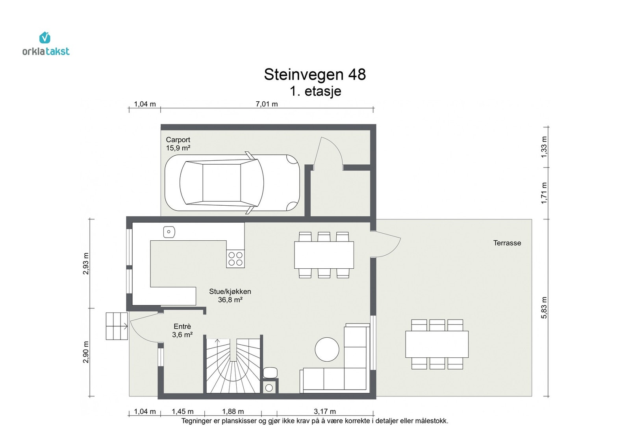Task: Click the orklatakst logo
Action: [46, 44]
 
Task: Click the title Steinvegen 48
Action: [315, 74]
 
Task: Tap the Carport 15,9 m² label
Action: [178, 144]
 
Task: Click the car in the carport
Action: [232, 183]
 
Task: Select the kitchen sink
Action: [169, 232]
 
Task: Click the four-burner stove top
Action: [235, 259]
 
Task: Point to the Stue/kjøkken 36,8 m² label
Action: [230, 295]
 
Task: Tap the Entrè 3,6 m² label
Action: [182, 331]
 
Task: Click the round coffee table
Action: [327, 349]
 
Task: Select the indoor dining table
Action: [324, 255]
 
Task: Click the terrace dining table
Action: [437, 344]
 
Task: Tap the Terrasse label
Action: [507, 243]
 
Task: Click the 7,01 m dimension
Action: [267, 104]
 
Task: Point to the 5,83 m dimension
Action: [544, 308]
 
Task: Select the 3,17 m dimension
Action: [324, 411]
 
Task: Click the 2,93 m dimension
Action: [86, 263]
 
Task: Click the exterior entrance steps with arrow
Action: [117, 326]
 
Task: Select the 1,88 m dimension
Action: [233, 411]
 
